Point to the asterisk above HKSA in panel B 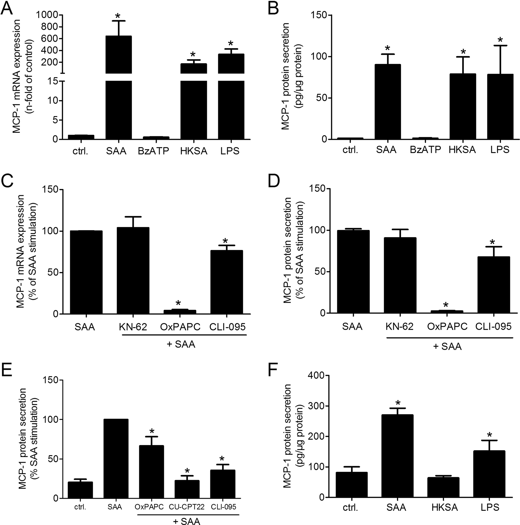pyautogui.click(x=463, y=52)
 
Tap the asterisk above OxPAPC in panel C pyautogui.click(x=178, y=303)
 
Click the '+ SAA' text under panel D pyautogui.click(x=447, y=347)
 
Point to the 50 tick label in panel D pyautogui.click(x=321, y=272)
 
